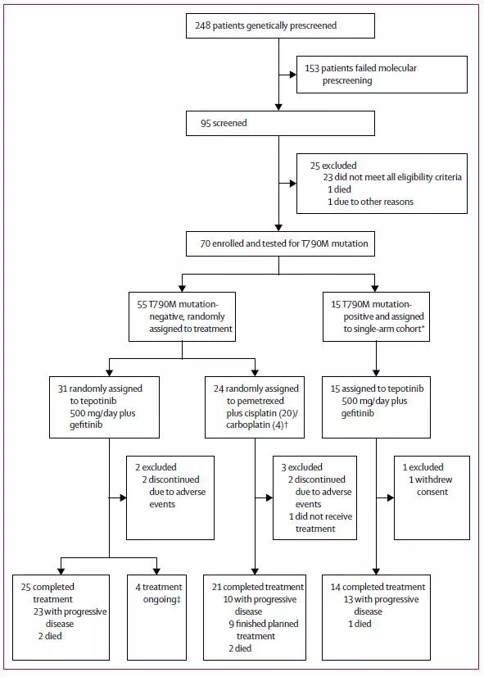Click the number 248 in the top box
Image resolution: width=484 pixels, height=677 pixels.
coord(202,25)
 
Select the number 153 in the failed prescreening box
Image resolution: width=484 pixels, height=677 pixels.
coord(312,68)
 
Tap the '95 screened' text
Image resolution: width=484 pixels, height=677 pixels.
coord(224,123)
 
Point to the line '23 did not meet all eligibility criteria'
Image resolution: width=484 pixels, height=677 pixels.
coord(392,177)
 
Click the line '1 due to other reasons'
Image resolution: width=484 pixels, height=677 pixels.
coord(370,202)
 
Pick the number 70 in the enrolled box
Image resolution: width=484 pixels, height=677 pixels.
coord(205,243)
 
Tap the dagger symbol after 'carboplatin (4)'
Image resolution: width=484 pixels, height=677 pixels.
coord(286,425)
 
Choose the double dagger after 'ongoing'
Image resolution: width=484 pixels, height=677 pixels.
coord(179,599)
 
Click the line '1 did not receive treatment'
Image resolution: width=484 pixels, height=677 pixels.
coord(320,522)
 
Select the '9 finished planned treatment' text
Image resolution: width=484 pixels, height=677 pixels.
coord(264,630)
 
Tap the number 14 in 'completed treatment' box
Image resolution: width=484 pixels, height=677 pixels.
coord(336,587)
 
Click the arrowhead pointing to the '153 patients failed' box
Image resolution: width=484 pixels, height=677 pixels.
coord(293,75)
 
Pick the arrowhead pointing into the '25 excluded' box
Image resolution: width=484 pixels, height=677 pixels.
coord(293,184)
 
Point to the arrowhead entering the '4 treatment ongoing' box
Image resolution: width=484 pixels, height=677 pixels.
coord(156,571)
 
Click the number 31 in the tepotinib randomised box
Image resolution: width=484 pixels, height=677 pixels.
coord(62,388)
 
